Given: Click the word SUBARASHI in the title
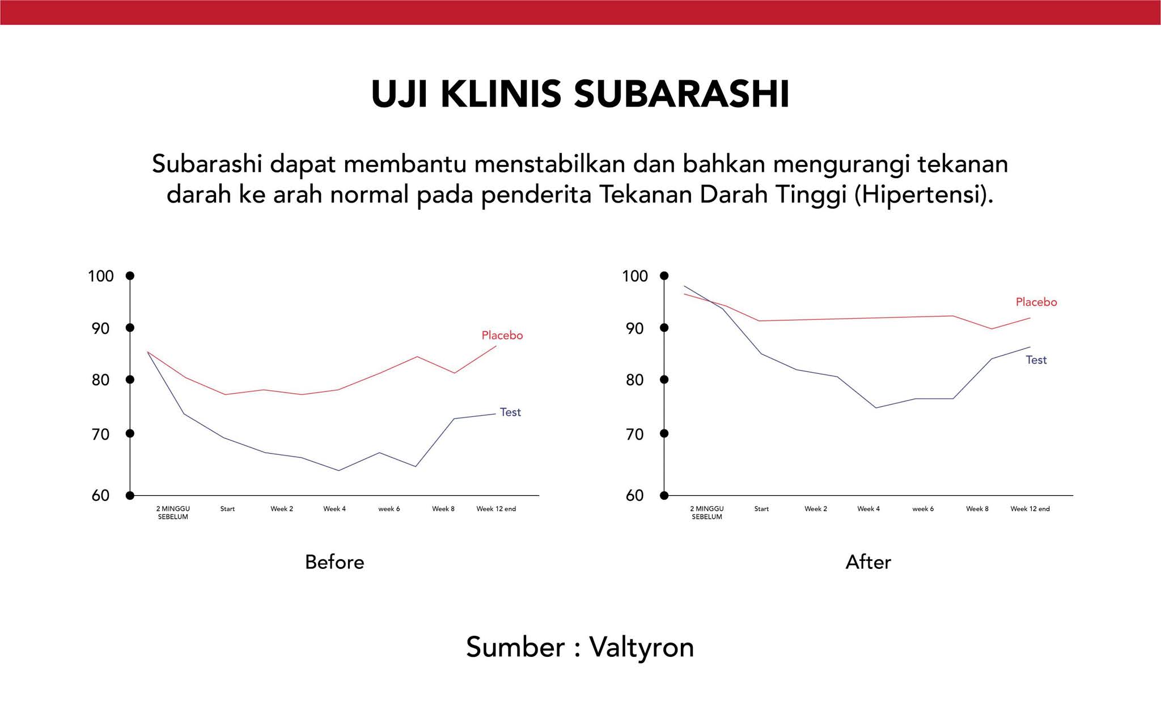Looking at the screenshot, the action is [681, 94].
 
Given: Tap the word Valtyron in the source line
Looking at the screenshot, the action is [642, 647].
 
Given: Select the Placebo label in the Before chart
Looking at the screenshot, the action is [502, 335].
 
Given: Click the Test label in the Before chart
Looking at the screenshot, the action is [510, 412].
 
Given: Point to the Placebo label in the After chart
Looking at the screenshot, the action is [1036, 302].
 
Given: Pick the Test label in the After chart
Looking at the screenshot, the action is [1036, 360].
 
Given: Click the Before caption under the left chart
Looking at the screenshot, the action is [334, 562].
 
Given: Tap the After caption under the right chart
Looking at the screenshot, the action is [868, 562].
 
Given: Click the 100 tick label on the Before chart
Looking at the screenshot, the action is [101, 276].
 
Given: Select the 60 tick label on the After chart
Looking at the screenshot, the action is [635, 496].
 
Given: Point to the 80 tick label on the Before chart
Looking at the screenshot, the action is [100, 380].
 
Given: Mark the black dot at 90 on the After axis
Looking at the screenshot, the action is [664, 328].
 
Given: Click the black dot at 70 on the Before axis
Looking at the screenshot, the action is [130, 434].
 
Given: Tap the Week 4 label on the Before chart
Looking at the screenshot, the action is [334, 509].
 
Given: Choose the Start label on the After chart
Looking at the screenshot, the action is [761, 509].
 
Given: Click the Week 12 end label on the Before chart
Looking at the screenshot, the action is [496, 509].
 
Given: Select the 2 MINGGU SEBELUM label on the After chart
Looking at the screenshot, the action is [707, 513].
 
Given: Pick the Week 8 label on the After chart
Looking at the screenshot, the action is [977, 509].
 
